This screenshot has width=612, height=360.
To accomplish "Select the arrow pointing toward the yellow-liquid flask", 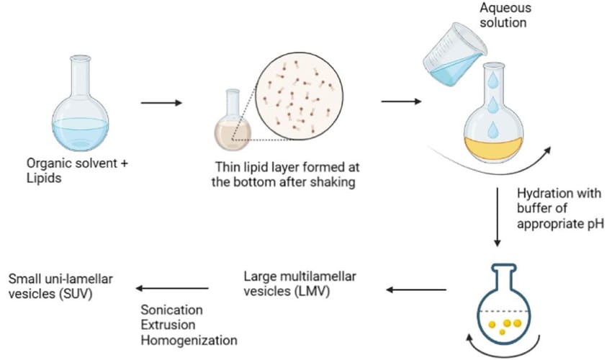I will (x=401, y=100).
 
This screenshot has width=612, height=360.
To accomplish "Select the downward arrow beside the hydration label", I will (x=498, y=217).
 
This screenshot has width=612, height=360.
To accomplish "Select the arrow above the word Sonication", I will (x=172, y=289).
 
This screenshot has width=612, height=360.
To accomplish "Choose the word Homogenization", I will (x=189, y=338).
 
